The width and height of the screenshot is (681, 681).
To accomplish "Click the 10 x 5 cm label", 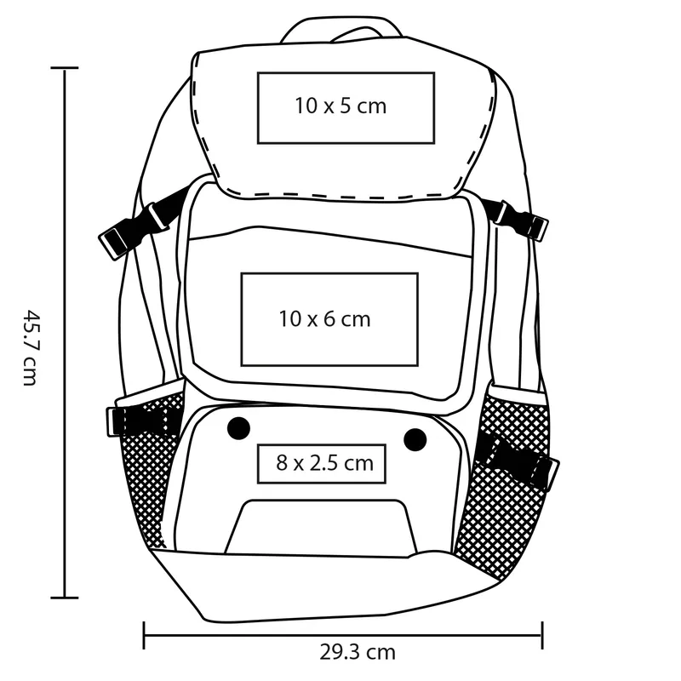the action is tap(340, 106).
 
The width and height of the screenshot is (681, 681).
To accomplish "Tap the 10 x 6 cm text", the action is tap(324, 319).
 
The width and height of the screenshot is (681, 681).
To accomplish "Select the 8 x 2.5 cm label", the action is tap(325, 463).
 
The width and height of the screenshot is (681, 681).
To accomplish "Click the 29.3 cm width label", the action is tap(358, 652).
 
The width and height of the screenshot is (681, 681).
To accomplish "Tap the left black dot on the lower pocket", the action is tap(238, 428).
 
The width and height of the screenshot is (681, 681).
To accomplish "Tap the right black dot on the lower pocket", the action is tap(415, 439).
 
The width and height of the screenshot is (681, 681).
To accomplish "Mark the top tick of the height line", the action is tap(65, 68).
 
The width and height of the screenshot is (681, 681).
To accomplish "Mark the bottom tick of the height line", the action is tap(65, 598).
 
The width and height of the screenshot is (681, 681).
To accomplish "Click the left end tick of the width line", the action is tap(144, 635).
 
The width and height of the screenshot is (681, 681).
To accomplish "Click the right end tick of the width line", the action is tap(542, 635).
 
